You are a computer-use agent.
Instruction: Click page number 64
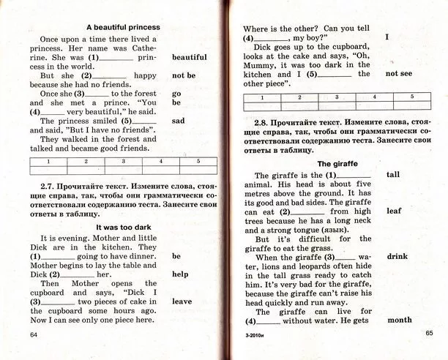click(x=33, y=334)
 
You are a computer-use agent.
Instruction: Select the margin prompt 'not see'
click(x=402, y=73)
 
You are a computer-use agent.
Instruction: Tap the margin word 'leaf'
click(x=394, y=211)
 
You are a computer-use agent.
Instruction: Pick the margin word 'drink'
click(x=397, y=256)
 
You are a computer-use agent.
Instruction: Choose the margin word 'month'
click(x=400, y=320)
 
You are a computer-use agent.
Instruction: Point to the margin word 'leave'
click(x=182, y=301)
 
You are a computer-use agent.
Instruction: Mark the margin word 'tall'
click(x=392, y=175)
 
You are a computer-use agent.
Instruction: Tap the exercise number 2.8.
click(x=262, y=121)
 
